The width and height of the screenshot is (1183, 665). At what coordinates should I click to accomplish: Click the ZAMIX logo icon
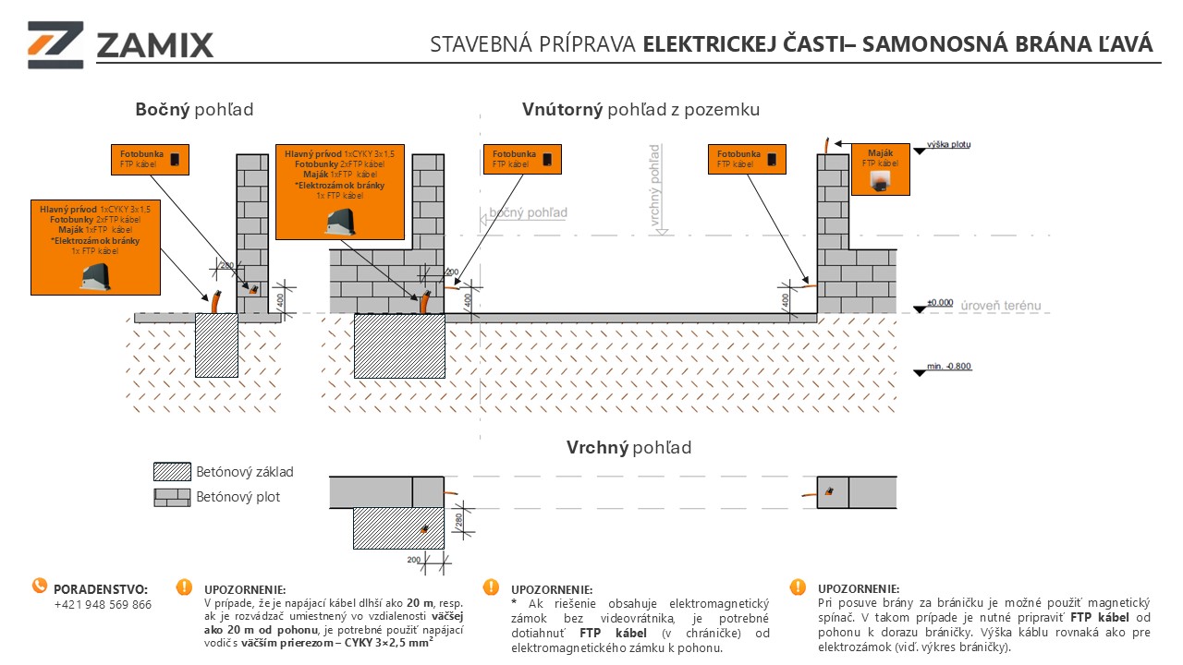click(x=55, y=43)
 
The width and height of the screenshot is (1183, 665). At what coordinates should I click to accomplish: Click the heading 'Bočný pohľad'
click(x=194, y=110)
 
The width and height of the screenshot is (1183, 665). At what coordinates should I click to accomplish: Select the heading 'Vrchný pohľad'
click(x=628, y=448)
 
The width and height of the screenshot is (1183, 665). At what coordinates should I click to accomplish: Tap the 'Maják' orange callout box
click(x=880, y=169)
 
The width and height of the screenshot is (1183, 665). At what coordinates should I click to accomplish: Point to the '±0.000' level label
click(x=939, y=303)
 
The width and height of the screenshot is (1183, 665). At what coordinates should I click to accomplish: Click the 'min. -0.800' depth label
click(x=950, y=368)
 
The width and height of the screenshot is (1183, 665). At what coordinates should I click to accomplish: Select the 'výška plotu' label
click(x=948, y=145)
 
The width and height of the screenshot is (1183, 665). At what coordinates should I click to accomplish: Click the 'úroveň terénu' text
click(x=1001, y=305)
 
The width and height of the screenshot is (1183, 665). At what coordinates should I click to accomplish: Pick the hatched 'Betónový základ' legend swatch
click(x=172, y=472)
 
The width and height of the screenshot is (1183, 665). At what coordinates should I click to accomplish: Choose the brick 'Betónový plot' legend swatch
click(x=172, y=497)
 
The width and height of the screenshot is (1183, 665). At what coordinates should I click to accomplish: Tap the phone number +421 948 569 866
click(x=103, y=605)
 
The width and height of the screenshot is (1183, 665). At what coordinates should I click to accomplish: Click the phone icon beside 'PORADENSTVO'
click(x=40, y=586)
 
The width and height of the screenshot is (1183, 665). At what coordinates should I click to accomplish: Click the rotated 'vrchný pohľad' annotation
click(x=654, y=185)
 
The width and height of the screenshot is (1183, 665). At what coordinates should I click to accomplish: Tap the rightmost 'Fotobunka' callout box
click(x=747, y=159)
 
